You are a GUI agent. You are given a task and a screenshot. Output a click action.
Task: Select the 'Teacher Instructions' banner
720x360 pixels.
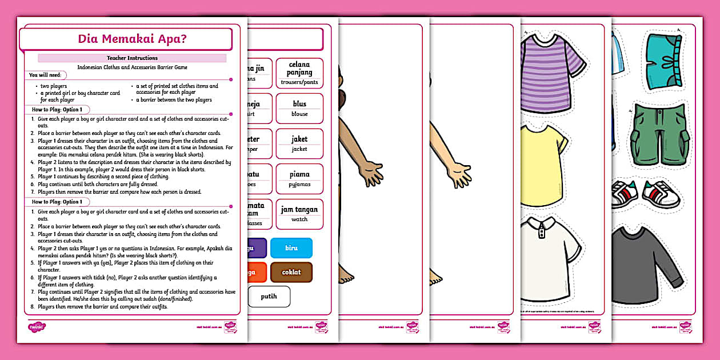132,58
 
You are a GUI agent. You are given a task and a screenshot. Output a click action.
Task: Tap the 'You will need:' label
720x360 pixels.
47,75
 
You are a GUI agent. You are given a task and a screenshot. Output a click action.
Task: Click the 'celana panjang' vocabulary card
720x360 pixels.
299,73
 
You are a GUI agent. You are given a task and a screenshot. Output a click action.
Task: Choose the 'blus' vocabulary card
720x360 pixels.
299,108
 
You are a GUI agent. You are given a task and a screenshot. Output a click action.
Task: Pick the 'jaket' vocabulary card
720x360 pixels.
299,143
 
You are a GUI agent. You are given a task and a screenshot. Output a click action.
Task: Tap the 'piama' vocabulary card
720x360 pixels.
299,178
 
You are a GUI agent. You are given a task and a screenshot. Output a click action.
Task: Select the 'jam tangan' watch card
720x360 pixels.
299,214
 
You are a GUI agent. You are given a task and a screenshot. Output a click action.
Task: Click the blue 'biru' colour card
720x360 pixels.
291,248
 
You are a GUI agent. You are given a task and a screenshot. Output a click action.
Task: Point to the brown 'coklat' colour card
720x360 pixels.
291,273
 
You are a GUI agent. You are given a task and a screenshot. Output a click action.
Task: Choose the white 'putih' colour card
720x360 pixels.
269,297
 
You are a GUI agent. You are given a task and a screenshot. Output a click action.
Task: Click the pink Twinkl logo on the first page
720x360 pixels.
37,327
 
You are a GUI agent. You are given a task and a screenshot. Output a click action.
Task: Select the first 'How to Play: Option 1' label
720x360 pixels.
57,110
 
